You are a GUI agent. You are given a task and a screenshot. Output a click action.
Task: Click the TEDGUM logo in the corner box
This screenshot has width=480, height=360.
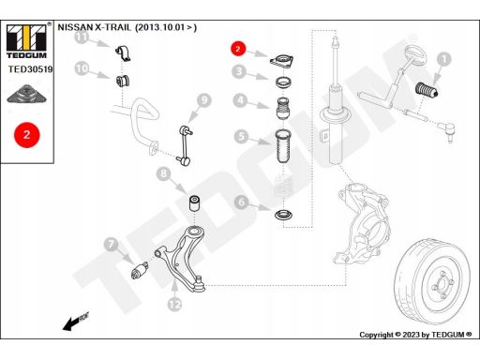point(26,41)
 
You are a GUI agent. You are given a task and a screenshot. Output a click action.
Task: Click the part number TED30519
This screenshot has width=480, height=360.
point(30,69)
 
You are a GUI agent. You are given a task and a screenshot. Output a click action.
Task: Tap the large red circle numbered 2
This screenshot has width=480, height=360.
point(27,135)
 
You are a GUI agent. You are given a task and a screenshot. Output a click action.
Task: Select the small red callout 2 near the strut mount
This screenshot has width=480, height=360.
point(238,49)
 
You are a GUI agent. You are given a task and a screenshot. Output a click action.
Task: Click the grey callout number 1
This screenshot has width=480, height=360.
point(443,59)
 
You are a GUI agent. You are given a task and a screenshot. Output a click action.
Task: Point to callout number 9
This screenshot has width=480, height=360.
point(203,100)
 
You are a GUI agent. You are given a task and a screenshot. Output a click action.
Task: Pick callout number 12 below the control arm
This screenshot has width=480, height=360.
point(174,304)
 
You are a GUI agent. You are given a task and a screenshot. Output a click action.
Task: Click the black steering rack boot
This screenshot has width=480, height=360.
point(427,90)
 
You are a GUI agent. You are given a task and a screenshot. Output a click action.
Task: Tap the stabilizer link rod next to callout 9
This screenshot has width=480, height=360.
point(185,145)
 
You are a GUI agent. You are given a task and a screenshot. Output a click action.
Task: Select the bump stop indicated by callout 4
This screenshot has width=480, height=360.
point(283,108)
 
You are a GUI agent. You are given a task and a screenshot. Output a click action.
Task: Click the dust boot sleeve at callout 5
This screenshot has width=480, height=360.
point(283,146)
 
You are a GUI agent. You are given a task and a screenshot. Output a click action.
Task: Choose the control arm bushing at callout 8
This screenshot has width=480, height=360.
point(195,203)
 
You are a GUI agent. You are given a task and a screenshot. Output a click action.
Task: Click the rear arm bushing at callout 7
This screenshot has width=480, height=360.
point(140,270)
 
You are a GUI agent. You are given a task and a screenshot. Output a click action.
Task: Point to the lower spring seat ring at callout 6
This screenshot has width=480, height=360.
point(283,215)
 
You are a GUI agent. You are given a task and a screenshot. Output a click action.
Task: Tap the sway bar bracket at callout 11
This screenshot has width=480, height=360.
point(123,53)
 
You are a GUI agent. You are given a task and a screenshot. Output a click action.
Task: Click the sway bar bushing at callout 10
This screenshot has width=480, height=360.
point(123,82)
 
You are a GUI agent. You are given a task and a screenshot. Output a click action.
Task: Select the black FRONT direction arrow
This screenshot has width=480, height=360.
point(76,322)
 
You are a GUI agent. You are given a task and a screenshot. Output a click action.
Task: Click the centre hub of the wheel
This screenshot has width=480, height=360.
point(442,285)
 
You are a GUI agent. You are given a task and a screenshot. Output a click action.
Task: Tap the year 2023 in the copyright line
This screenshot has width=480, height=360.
point(411,335)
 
